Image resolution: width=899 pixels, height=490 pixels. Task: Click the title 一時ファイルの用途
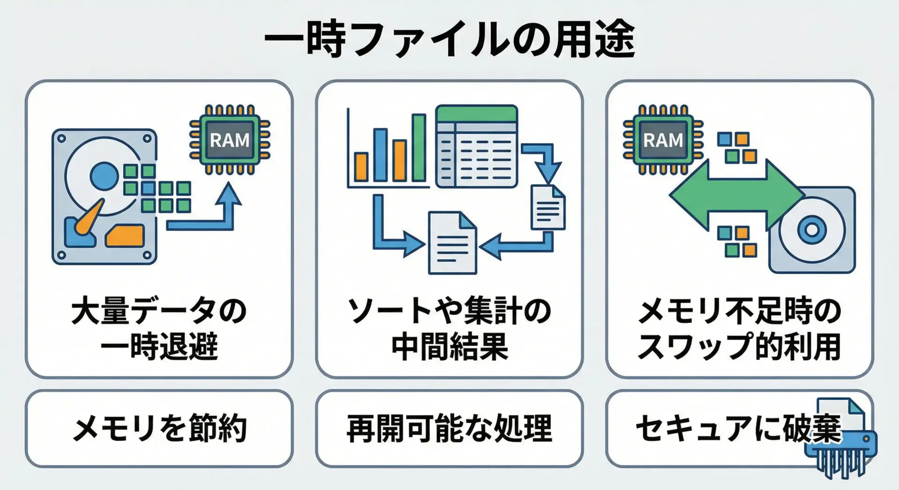[449, 39]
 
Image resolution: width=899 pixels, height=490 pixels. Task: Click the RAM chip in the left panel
[229, 140]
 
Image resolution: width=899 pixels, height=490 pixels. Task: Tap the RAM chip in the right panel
[663, 140]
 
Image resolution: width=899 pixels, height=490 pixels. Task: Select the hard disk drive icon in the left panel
[104, 197]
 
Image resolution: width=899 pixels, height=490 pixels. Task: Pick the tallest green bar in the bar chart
[419, 147]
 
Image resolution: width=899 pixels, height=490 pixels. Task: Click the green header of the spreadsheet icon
[476, 114]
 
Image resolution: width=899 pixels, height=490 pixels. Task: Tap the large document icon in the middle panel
[452, 243]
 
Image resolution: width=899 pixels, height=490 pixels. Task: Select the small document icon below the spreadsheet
[548, 207]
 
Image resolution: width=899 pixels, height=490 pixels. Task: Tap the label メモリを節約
[159, 428]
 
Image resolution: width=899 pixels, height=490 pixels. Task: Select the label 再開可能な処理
[449, 428]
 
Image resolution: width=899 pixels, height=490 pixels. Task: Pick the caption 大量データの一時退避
[159, 329]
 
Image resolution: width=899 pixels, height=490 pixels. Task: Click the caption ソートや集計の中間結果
[449, 329]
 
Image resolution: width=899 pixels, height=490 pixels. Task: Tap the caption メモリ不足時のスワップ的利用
[739, 329]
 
